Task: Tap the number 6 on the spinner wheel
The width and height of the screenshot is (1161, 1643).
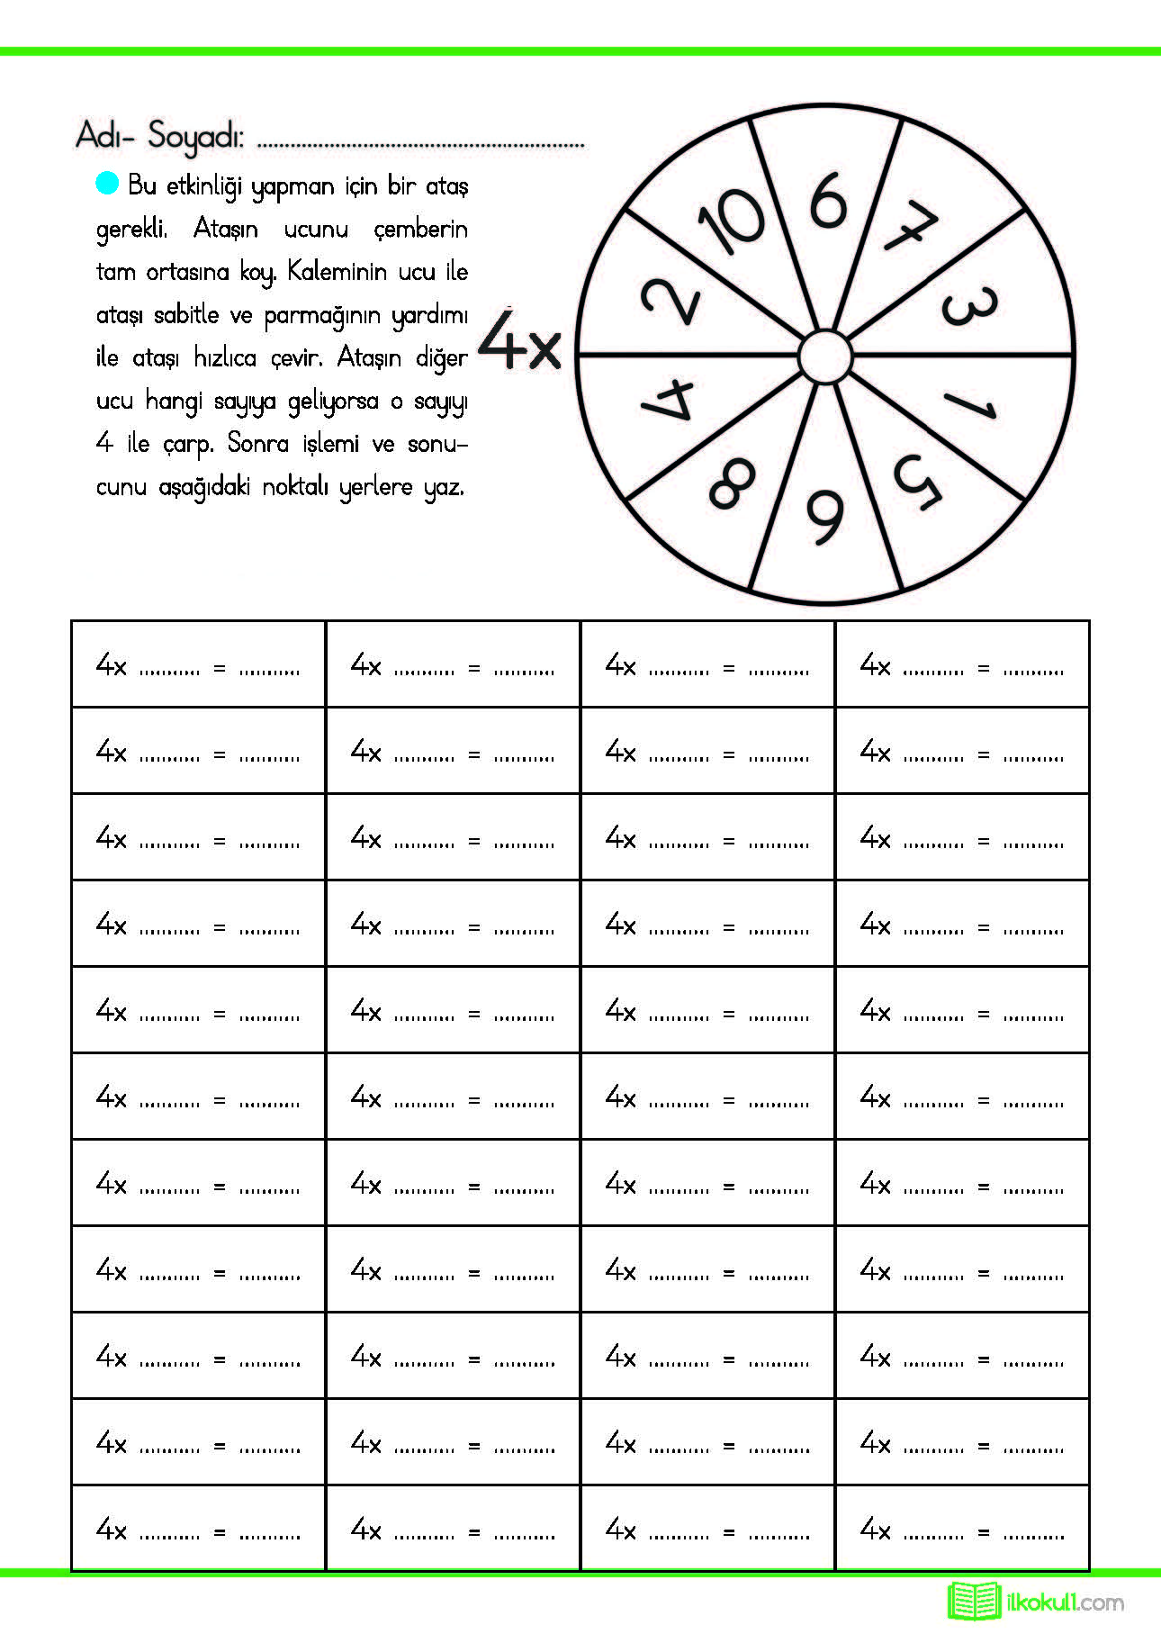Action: [x=828, y=200]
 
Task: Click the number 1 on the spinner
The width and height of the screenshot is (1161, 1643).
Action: [x=968, y=405]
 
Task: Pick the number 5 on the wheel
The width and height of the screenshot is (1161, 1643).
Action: [x=917, y=480]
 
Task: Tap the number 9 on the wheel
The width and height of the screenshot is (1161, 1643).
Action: [x=825, y=516]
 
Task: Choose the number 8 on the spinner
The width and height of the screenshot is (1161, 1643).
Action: [x=732, y=483]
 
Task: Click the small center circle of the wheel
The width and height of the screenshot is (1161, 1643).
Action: [x=825, y=357]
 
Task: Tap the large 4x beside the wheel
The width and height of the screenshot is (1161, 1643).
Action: [x=519, y=342]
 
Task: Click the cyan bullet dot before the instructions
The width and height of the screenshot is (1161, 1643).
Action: [x=107, y=183]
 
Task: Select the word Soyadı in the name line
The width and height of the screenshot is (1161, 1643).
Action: [x=195, y=136]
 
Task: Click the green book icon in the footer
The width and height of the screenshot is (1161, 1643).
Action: [x=974, y=1601]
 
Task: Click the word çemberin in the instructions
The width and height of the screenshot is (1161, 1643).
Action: [x=420, y=230]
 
